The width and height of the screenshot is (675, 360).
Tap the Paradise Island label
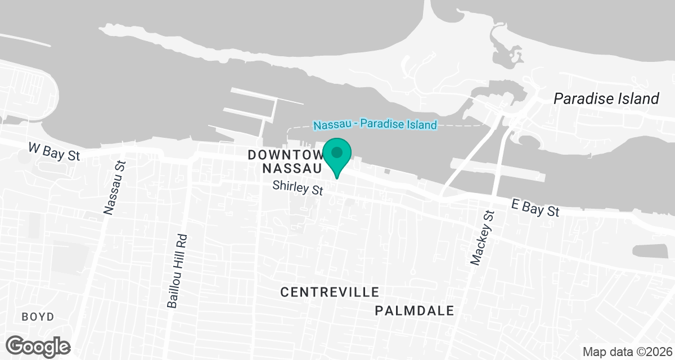(x=606, y=99)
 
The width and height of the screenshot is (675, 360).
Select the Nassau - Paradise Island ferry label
(x=375, y=124)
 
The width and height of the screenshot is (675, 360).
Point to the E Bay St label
(x=535, y=208)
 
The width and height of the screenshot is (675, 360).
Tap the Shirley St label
(x=298, y=188)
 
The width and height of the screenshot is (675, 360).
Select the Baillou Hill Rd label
(x=177, y=271)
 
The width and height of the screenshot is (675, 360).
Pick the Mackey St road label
(x=482, y=238)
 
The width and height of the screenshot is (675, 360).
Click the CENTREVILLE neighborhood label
(x=330, y=292)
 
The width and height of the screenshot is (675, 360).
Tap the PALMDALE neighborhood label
(x=414, y=311)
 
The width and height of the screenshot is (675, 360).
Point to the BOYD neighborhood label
(x=38, y=317)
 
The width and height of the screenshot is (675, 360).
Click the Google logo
(x=38, y=345)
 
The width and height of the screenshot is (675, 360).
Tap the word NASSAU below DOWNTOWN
(x=292, y=168)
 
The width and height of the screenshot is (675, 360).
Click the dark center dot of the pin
(x=337, y=152)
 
